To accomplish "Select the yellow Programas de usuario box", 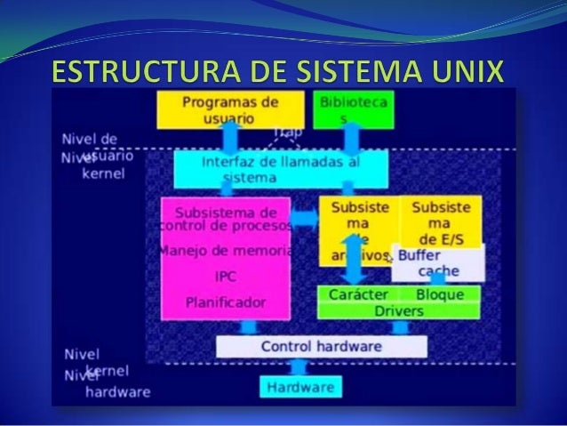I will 230,109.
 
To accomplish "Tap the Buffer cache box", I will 437,262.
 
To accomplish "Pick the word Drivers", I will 398,311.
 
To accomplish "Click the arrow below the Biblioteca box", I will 349,139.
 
